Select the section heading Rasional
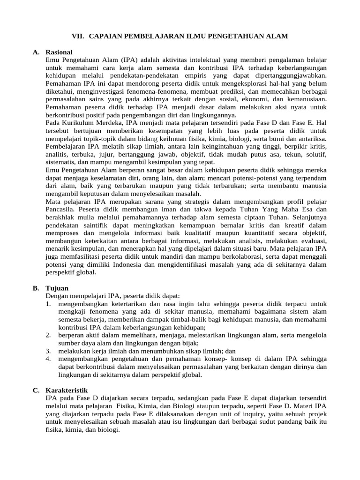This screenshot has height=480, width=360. (x=59, y=52)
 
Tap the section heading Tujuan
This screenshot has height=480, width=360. (x=57, y=288)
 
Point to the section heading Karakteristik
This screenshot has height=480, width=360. (x=66, y=390)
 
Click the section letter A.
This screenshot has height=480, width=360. (x=36, y=52)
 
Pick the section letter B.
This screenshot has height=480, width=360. (x=36, y=288)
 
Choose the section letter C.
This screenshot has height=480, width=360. (x=36, y=390)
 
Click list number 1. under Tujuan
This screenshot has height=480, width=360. (x=48, y=303)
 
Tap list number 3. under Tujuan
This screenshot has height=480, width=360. (x=48, y=351)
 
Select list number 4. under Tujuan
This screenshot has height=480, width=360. (x=48, y=359)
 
